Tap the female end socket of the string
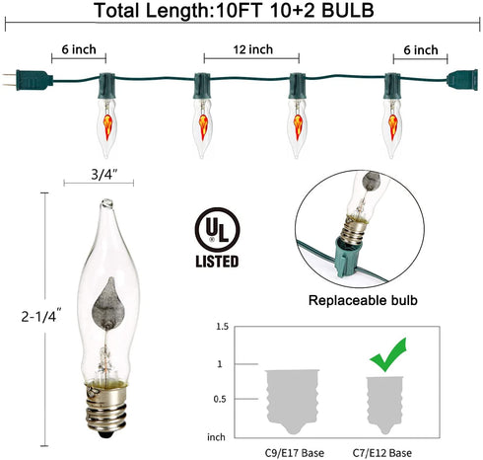(x=462, y=80)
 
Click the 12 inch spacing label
(x=253, y=49)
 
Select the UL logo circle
(x=217, y=230)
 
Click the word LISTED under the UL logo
(x=217, y=262)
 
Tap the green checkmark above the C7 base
(x=388, y=355)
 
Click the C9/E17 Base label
(x=295, y=453)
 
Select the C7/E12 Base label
(x=382, y=453)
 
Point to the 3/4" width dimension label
(x=104, y=175)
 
